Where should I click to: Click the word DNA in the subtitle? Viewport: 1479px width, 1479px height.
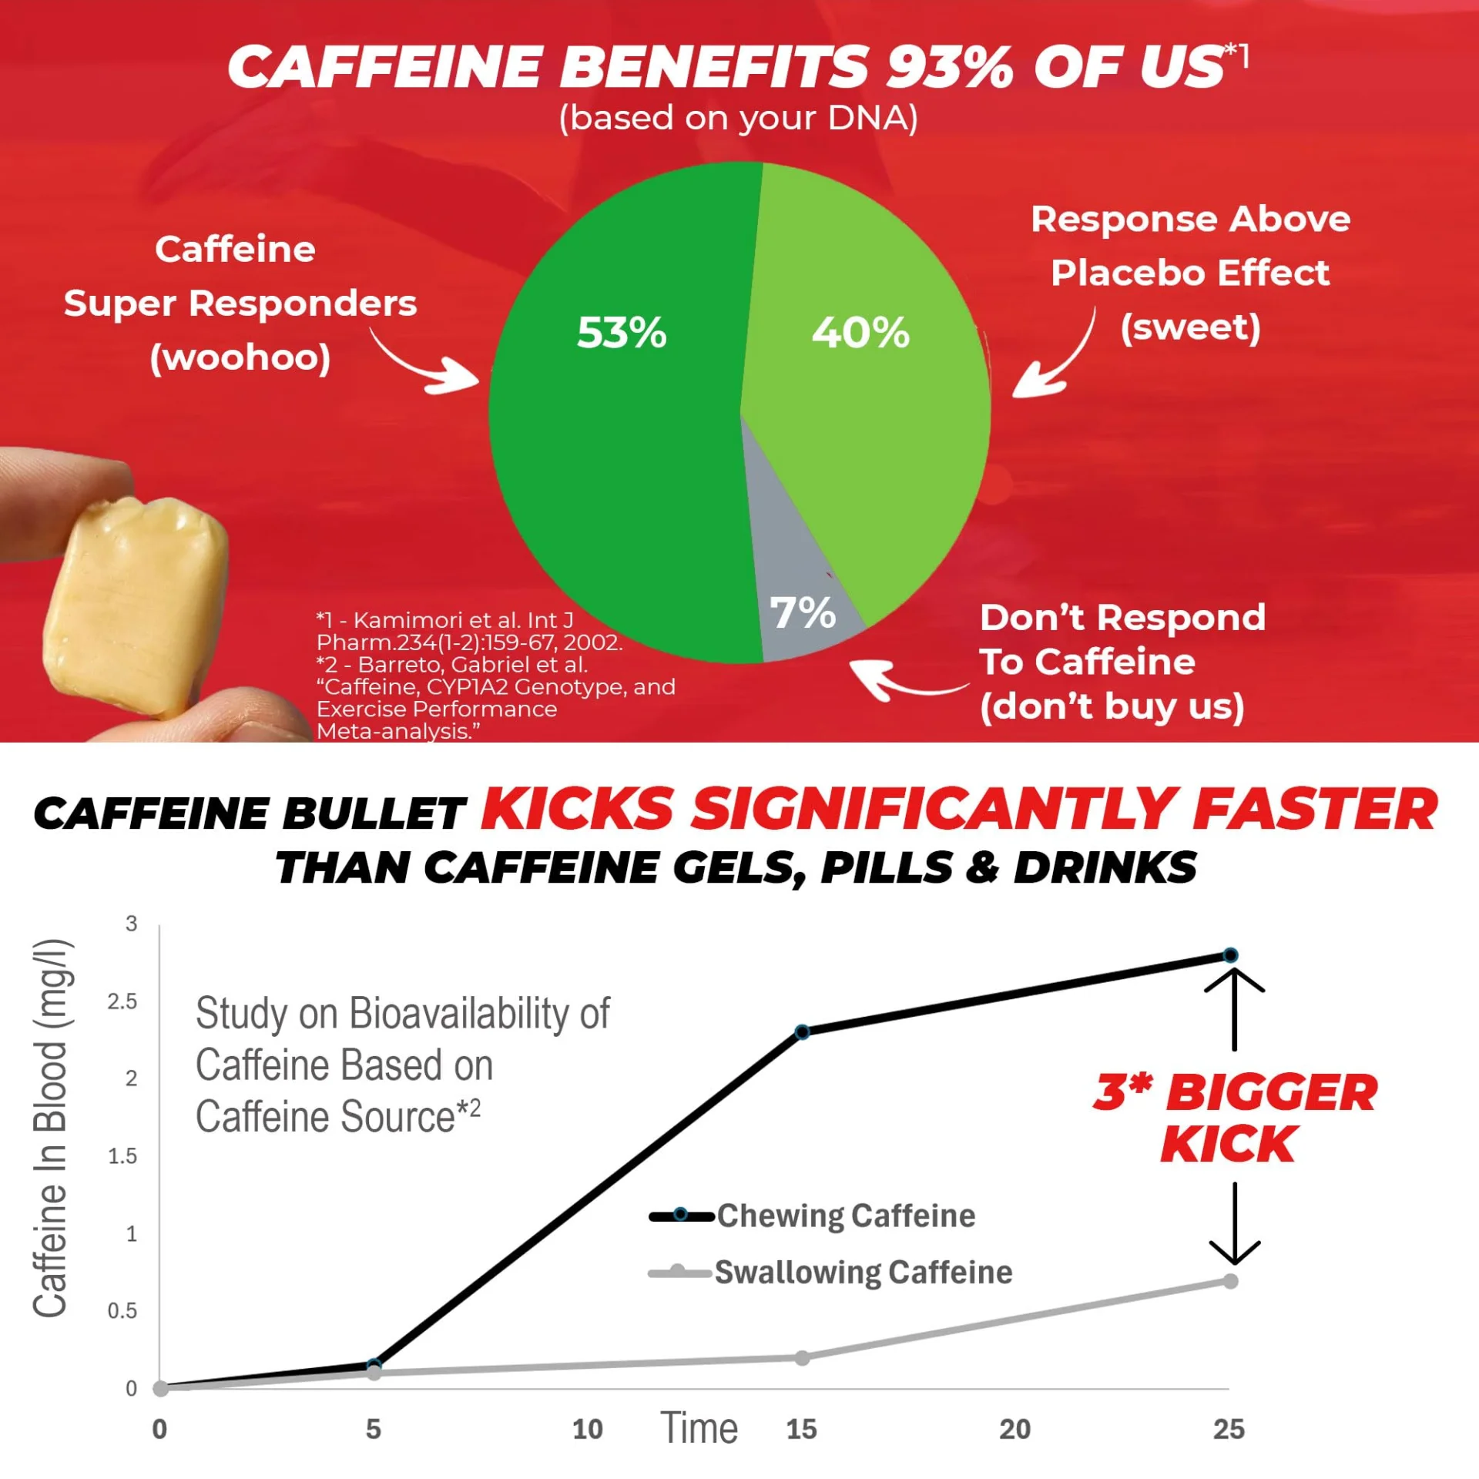point(868,118)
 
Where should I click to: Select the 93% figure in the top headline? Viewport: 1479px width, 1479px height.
point(949,66)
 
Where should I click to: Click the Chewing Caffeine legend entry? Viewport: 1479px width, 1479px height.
point(813,1216)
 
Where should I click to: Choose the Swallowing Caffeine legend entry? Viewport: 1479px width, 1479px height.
point(830,1273)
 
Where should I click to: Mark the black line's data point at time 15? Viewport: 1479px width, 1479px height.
point(802,1032)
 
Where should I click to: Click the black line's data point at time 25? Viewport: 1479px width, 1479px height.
point(1230,956)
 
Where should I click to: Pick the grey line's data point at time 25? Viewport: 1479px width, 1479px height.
point(1230,1281)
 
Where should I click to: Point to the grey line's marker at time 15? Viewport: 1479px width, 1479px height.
point(802,1357)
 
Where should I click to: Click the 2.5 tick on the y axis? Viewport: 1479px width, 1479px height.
point(122,1001)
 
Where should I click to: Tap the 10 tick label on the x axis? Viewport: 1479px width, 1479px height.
point(587,1430)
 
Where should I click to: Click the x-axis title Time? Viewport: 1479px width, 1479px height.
point(699,1428)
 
